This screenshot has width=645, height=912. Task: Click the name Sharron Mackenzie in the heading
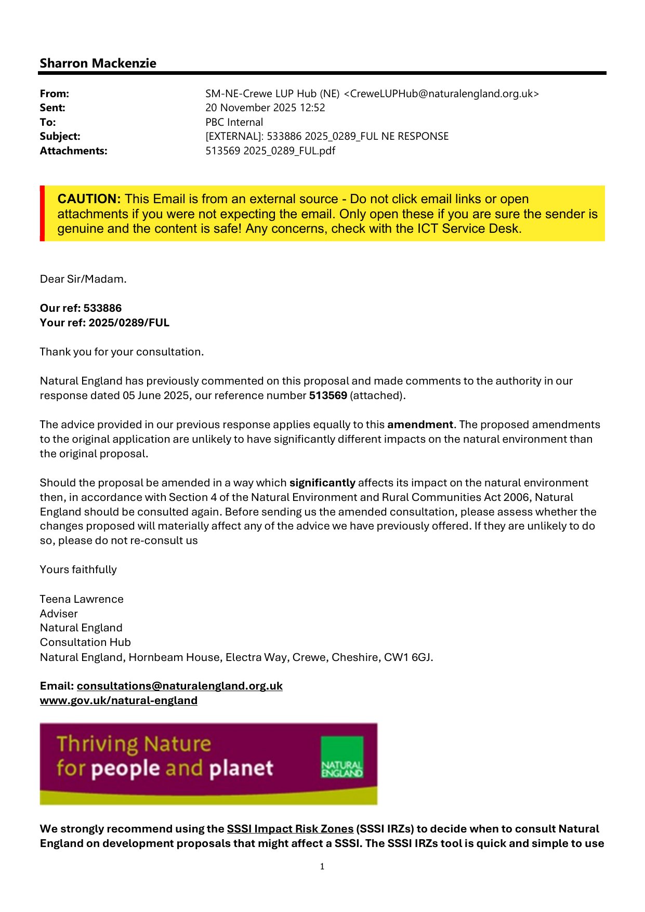(x=98, y=63)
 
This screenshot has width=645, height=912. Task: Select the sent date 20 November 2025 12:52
(x=265, y=108)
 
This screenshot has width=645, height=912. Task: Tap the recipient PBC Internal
(x=234, y=122)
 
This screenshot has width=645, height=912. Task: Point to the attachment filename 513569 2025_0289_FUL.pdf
(x=270, y=151)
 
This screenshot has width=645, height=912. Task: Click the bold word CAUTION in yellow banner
(x=89, y=199)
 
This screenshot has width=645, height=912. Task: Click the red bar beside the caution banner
(x=42, y=213)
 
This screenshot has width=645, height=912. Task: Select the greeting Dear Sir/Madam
(x=83, y=279)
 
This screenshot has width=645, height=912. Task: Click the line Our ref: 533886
(x=81, y=308)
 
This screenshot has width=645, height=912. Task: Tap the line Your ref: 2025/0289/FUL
(x=104, y=323)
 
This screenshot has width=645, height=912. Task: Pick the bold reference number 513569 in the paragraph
(x=328, y=395)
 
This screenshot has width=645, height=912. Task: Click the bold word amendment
(x=420, y=425)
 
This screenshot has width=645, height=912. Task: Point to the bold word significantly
(x=322, y=483)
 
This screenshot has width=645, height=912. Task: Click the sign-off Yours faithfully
(x=78, y=570)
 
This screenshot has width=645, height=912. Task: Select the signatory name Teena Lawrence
(x=82, y=599)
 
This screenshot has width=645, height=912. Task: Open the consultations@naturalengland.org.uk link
(x=179, y=686)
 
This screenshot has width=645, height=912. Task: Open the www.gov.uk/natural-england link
(x=119, y=700)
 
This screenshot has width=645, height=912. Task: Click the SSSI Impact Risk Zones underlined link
(x=290, y=829)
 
